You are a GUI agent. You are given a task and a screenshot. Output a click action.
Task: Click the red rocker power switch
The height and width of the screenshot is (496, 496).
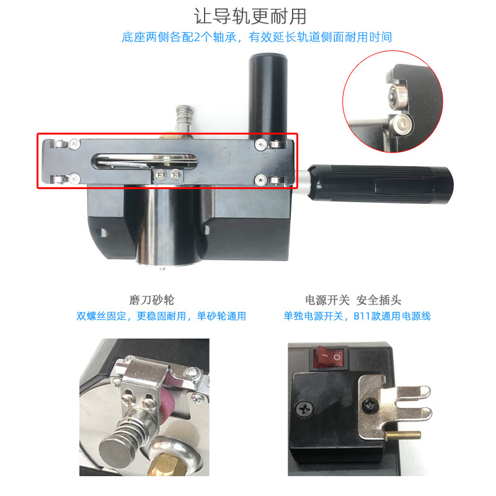pyautogui.click(x=330, y=358)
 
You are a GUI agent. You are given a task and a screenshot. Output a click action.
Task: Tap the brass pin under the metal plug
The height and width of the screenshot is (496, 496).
pyautogui.click(x=404, y=435)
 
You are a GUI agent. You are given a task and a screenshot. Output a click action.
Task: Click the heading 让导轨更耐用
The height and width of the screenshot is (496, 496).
pyautogui.click(x=250, y=17)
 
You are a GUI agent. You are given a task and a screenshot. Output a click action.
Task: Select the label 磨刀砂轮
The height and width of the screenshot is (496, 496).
pyautogui.click(x=152, y=300)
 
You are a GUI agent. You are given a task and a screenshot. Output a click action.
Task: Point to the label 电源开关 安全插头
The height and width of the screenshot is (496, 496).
pyautogui.click(x=353, y=300)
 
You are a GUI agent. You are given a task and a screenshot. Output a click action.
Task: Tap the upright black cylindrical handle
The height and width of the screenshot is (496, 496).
pyautogui.click(x=268, y=95)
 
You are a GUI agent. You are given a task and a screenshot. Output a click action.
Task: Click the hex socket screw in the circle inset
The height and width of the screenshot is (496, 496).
pyautogui.click(x=402, y=123)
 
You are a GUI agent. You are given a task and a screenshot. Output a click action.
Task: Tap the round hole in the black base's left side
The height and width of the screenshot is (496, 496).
pyautogui.click(x=102, y=233)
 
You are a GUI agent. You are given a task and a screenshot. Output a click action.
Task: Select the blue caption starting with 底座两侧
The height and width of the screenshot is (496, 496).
pyautogui.click(x=257, y=37)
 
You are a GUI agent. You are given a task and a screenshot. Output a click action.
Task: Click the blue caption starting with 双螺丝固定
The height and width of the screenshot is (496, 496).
pyautogui.click(x=161, y=316)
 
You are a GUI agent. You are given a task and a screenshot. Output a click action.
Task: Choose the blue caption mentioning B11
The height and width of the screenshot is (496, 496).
pyautogui.click(x=357, y=316)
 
